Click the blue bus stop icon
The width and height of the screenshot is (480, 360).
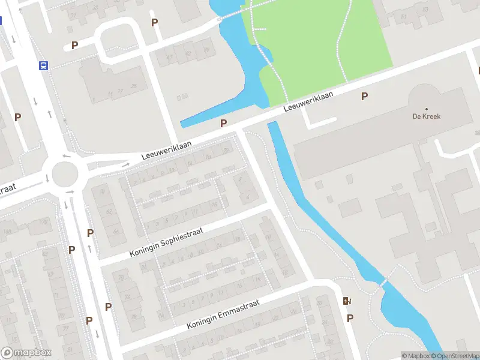tap(43, 66)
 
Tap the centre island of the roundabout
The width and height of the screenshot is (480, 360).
tap(65, 175)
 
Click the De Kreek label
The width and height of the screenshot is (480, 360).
tap(427, 116)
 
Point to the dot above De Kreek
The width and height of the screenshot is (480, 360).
tap(427, 109)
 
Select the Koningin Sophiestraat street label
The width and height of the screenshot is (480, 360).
tap(166, 242)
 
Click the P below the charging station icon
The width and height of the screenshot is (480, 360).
tap(350, 318)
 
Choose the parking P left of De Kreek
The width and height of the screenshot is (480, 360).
tap(364, 96)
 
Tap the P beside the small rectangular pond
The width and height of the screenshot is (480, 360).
tap(223, 123)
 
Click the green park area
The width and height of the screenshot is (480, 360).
tap(324, 42)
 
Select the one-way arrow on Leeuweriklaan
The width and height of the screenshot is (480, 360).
tap(126, 164)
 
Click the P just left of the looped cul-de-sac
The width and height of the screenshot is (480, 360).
tap(74, 45)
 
